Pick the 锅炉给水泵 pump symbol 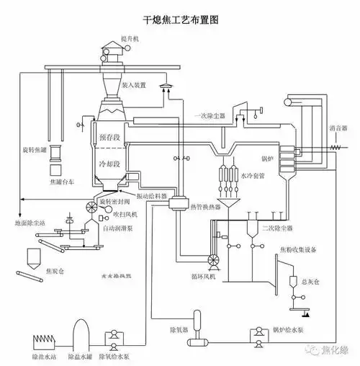tap(256, 335)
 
